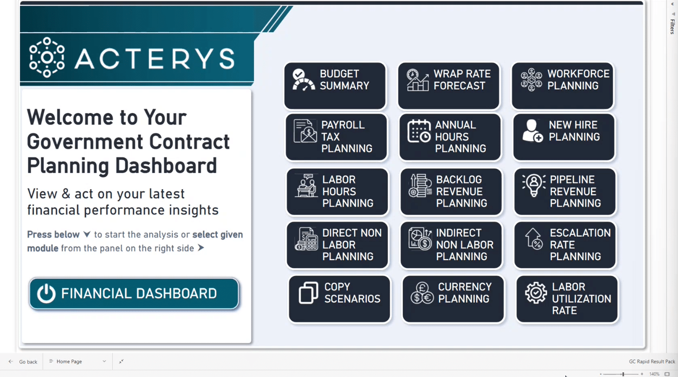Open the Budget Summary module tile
tap(335, 86)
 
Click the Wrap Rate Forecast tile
tap(449, 86)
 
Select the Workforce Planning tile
tap(562, 86)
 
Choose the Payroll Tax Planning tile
tap(336, 137)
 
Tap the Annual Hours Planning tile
tap(450, 137)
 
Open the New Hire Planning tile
tap(564, 137)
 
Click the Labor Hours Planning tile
tap(337, 191)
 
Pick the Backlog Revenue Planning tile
tap(451, 191)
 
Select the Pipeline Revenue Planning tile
tap(565, 191)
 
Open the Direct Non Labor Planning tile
tap(337, 245)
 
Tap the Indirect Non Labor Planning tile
tap(451, 245)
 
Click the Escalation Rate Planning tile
tap(565, 245)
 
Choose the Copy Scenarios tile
tap(339, 299)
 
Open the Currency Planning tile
tap(453, 299)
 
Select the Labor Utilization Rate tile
tap(567, 299)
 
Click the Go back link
tap(23, 362)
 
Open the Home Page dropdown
tap(78, 361)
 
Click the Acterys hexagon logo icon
tap(47, 57)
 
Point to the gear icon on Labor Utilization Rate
tap(536, 293)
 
